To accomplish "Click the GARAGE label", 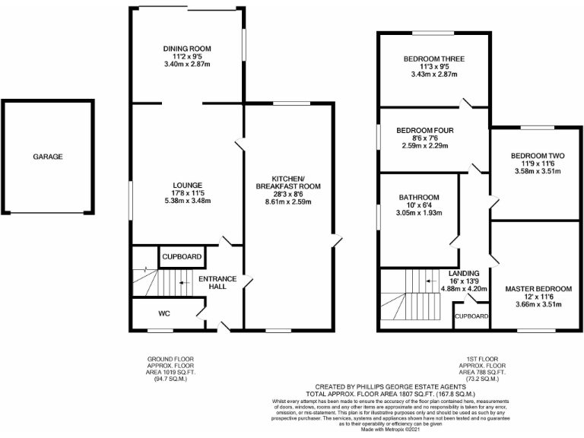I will coord(47,157).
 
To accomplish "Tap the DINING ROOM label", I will coord(186,49).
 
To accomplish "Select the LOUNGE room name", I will coord(186,185).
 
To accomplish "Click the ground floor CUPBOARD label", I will coord(181,257).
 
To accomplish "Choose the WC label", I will coord(164,313).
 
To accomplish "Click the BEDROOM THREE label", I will coord(433,59).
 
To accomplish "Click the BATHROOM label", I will coord(419,197).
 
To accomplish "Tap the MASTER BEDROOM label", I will coord(538,289).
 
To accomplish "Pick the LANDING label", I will coord(463,272).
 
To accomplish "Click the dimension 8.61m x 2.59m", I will coord(288,202).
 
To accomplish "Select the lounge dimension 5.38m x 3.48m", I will coord(186,201).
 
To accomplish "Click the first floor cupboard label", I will coord(471,316).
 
